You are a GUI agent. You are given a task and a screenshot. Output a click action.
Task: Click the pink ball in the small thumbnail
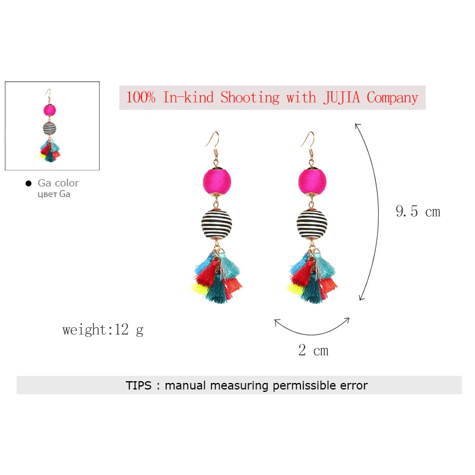click(49, 109)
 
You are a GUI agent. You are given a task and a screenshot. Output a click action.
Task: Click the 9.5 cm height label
click(418, 211)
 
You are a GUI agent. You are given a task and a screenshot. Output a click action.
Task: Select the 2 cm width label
click(313, 351)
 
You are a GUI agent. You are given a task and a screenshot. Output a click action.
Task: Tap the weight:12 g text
click(103, 330)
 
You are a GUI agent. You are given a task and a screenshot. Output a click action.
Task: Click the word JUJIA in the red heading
click(341, 97)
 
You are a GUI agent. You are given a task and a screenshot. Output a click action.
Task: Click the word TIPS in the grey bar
click(139, 385)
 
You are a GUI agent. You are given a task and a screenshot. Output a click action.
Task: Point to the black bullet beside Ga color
click(28, 183)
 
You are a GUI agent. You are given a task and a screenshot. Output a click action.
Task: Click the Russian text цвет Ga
click(54, 194)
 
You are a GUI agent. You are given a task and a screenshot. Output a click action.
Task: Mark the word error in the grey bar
click(353, 385)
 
